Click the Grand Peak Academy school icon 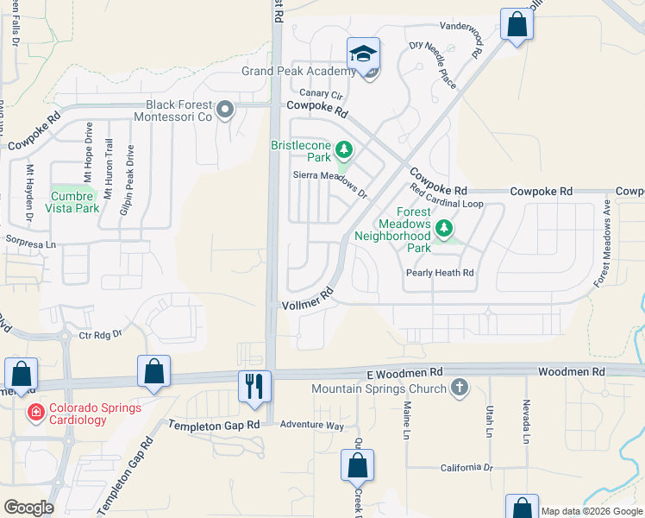(364, 54)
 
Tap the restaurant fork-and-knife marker (254, 385)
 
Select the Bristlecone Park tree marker (344, 151)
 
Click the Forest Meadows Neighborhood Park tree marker (444, 229)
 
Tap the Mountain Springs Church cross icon (460, 388)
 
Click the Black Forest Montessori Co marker (226, 109)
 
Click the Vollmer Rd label (308, 300)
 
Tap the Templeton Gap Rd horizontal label (214, 426)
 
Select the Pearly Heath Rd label (440, 274)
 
